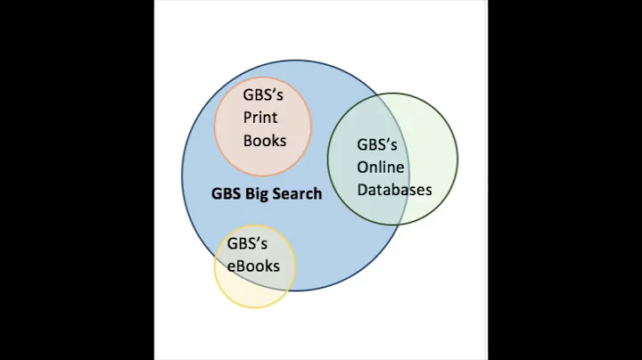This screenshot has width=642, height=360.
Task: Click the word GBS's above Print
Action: pyautogui.click(x=263, y=94)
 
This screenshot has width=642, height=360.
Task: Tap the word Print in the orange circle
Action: pyautogui.click(x=260, y=118)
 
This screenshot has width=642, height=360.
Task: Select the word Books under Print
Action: pyautogui.click(x=265, y=141)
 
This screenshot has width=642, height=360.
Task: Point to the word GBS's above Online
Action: pyautogui.click(x=377, y=144)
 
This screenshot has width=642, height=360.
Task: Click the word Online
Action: pyautogui.click(x=381, y=167)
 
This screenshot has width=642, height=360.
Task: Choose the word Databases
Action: pyautogui.click(x=394, y=190)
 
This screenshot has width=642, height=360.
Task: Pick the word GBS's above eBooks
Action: pyautogui.click(x=247, y=243)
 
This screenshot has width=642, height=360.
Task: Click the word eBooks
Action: pyautogui.click(x=253, y=266)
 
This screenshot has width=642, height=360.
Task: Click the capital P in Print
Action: pyautogui.click(x=248, y=118)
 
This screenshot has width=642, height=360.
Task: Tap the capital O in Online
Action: pyautogui.click(x=364, y=167)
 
